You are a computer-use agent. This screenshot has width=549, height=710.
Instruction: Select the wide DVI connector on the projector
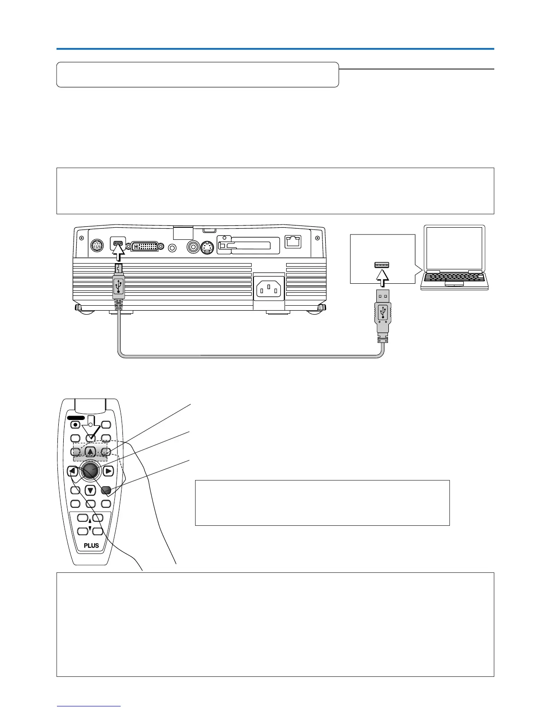pyautogui.click(x=144, y=247)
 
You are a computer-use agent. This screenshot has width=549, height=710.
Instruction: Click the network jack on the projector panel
pyautogui.click(x=293, y=243)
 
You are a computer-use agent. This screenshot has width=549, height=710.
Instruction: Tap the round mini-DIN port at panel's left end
pyautogui.click(x=97, y=246)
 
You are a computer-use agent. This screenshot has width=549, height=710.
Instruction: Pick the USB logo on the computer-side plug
pyautogui.click(x=382, y=312)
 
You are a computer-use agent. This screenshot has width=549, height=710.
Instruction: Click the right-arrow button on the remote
pyautogui.click(x=109, y=471)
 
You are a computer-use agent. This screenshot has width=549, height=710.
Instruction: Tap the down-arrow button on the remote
pyautogui.click(x=90, y=490)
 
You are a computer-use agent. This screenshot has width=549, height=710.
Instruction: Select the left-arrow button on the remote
pyautogui.click(x=73, y=471)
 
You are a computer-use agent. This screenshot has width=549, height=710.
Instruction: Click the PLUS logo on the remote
pyautogui.click(x=91, y=545)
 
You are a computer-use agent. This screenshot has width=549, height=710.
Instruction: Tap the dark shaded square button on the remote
pyautogui.click(x=106, y=490)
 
